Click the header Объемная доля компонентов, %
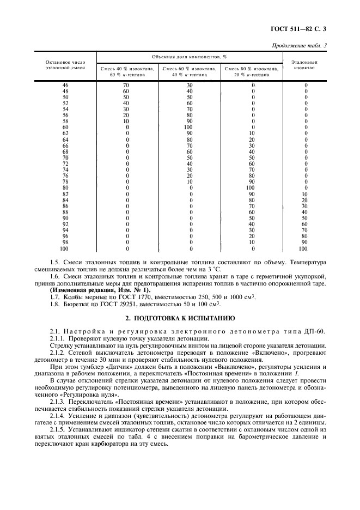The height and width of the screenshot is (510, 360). pos(190,57)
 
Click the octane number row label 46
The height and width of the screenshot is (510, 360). pos(66,86)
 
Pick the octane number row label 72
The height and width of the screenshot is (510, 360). pos(66,163)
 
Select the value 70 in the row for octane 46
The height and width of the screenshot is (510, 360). pos(127,86)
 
